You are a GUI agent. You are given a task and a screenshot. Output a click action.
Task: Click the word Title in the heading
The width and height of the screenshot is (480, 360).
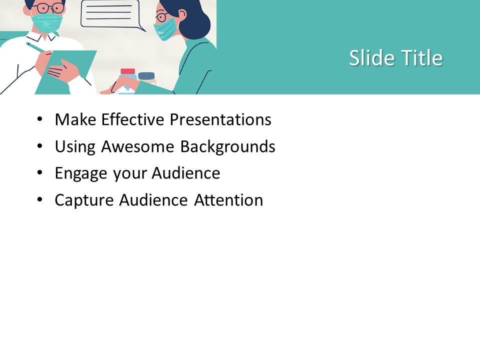click(422, 57)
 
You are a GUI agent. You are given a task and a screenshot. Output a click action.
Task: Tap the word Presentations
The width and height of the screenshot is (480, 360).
click(220, 119)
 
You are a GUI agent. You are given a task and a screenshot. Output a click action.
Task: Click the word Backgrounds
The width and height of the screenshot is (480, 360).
click(228, 146)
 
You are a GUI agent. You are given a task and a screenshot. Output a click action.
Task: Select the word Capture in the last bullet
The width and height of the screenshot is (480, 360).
click(84, 200)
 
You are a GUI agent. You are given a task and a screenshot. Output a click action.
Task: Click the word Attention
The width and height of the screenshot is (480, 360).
click(228, 200)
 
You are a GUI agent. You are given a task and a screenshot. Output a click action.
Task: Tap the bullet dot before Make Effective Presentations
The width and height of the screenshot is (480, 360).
click(40, 119)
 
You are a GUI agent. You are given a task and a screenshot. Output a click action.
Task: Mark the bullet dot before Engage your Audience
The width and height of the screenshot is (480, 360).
click(40, 172)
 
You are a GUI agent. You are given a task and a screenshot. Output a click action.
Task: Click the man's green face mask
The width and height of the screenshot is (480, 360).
click(47, 22)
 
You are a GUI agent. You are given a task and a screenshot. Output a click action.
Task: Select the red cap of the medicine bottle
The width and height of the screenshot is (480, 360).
click(127, 71)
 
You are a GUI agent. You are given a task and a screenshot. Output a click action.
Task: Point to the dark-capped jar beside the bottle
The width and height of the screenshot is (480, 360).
click(146, 78)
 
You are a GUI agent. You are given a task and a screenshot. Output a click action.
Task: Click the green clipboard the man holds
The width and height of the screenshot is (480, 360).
click(66, 72)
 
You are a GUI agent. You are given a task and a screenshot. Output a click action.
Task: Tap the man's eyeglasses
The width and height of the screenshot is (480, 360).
click(48, 7)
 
